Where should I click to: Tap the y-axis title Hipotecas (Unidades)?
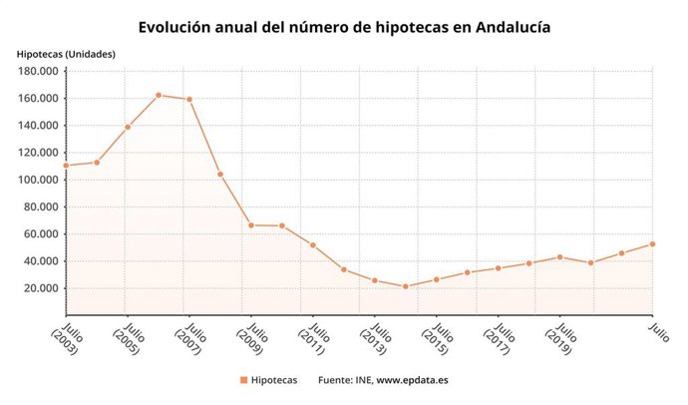coord(65,53)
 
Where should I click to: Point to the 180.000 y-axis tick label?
coord(36,71)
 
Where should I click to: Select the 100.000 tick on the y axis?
coord(36,180)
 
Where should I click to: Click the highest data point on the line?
coord(159,95)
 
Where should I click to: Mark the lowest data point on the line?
coord(405,286)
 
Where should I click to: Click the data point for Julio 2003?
coord(66,166)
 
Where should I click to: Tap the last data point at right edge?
coord(652,243)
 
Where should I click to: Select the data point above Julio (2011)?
coord(312,245)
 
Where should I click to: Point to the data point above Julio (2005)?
coord(128,127)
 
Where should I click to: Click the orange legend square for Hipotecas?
coord(244,380)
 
